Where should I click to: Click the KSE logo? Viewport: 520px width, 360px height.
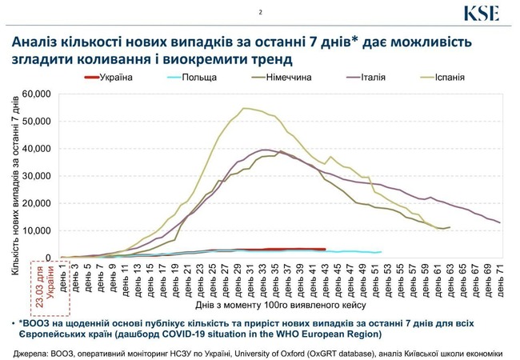pyautogui.click(x=482, y=14)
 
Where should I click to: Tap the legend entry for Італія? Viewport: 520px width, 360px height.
pyautogui.click(x=368, y=77)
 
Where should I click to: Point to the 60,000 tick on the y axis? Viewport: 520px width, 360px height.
pyautogui.click(x=36, y=94)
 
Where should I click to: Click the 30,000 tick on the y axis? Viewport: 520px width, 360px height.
pyautogui.click(x=36, y=176)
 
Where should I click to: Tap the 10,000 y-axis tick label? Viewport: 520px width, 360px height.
pyautogui.click(x=36, y=231)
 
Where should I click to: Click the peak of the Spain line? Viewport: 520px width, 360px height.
pyautogui.click(x=245, y=108)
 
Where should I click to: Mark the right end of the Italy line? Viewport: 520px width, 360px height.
pyautogui.click(x=500, y=222)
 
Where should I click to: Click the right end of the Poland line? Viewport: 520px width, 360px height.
pyautogui.click(x=381, y=252)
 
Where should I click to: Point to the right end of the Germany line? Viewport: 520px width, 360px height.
pyautogui.click(x=450, y=227)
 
